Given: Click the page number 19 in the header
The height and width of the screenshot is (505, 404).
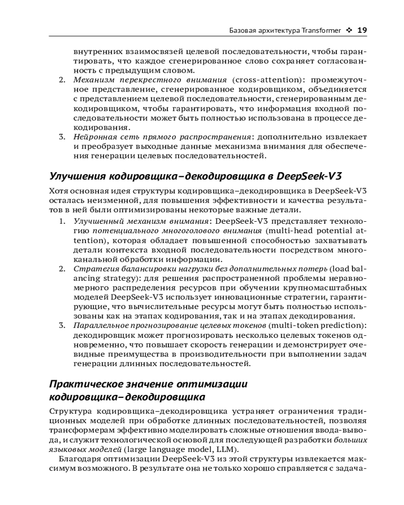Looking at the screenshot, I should click(362, 30).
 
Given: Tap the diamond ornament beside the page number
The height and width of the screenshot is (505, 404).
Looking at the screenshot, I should click(349, 30).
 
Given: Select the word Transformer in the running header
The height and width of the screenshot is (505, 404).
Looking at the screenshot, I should click(321, 30).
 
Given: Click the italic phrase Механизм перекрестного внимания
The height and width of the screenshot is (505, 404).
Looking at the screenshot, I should click(150, 80).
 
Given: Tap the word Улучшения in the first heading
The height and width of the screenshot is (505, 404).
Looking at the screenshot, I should click(77, 176).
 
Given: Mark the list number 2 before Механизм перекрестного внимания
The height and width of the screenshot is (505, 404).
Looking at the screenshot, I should click(62, 80).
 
